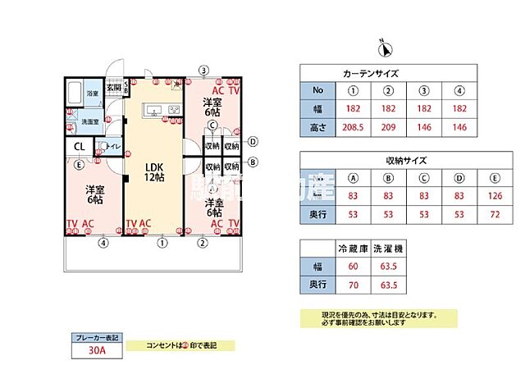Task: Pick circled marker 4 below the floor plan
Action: point(103,242)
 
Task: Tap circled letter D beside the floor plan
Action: point(253,141)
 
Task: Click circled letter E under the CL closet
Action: point(79,165)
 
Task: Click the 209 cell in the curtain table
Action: point(390,127)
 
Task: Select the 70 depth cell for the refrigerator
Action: point(354,285)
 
